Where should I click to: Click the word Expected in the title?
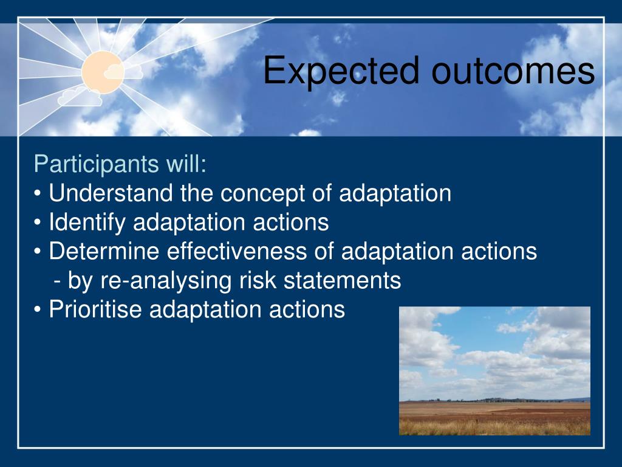click(x=341, y=71)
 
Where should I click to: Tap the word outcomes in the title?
click(x=513, y=71)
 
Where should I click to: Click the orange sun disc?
click(x=103, y=72)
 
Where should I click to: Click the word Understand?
click(x=111, y=193)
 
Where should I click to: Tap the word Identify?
click(x=87, y=223)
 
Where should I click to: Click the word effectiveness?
click(x=237, y=251)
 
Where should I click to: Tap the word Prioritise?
click(x=95, y=309)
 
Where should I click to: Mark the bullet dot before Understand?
click(x=38, y=193)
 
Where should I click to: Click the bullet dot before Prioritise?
click(x=38, y=310)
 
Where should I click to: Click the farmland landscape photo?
click(x=494, y=371)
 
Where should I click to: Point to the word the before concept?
click(x=196, y=193)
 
